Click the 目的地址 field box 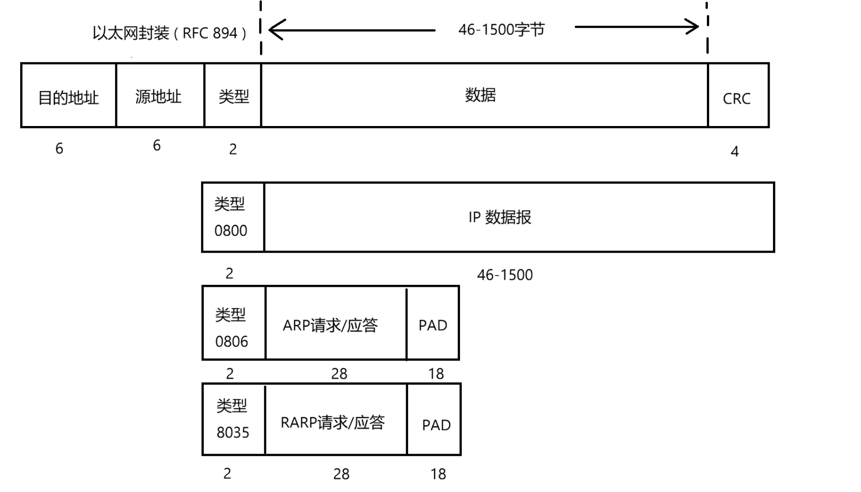(68, 96)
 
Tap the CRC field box (738, 96)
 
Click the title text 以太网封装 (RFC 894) (170, 33)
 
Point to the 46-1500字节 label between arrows (501, 30)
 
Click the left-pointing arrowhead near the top (276, 30)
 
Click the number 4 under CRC (735, 151)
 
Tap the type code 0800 (230, 231)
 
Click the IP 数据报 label (500, 217)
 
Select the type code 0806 (231, 341)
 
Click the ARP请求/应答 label (330, 325)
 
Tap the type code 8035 (232, 432)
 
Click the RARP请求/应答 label (333, 422)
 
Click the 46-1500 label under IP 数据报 (505, 275)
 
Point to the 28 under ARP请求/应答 (339, 373)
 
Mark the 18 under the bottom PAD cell (438, 474)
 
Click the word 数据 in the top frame (480, 95)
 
